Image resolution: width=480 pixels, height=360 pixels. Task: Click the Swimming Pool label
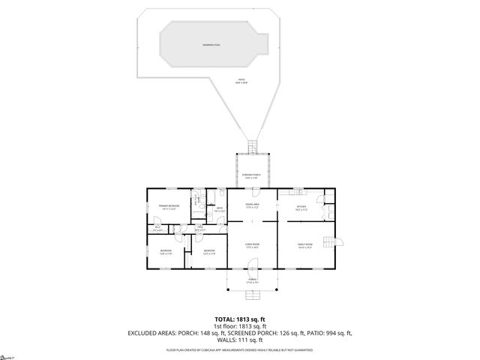point(211,45)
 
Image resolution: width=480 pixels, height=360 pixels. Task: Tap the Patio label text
point(241,81)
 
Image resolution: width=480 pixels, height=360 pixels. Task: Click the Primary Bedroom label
point(168,207)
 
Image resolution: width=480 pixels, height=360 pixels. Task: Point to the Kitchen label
point(301,207)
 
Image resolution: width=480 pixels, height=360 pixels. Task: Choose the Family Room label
point(305,245)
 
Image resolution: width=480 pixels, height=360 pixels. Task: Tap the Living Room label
point(252,245)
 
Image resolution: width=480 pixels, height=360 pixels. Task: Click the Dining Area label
point(252,205)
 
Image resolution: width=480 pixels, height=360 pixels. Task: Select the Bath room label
point(218,211)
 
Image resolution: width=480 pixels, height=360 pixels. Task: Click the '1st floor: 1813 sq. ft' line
point(239,326)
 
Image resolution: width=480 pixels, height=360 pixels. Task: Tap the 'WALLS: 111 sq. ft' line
point(239,340)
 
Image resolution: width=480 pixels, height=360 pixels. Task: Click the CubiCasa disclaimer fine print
point(239,349)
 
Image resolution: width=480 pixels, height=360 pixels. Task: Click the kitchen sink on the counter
point(298,191)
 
